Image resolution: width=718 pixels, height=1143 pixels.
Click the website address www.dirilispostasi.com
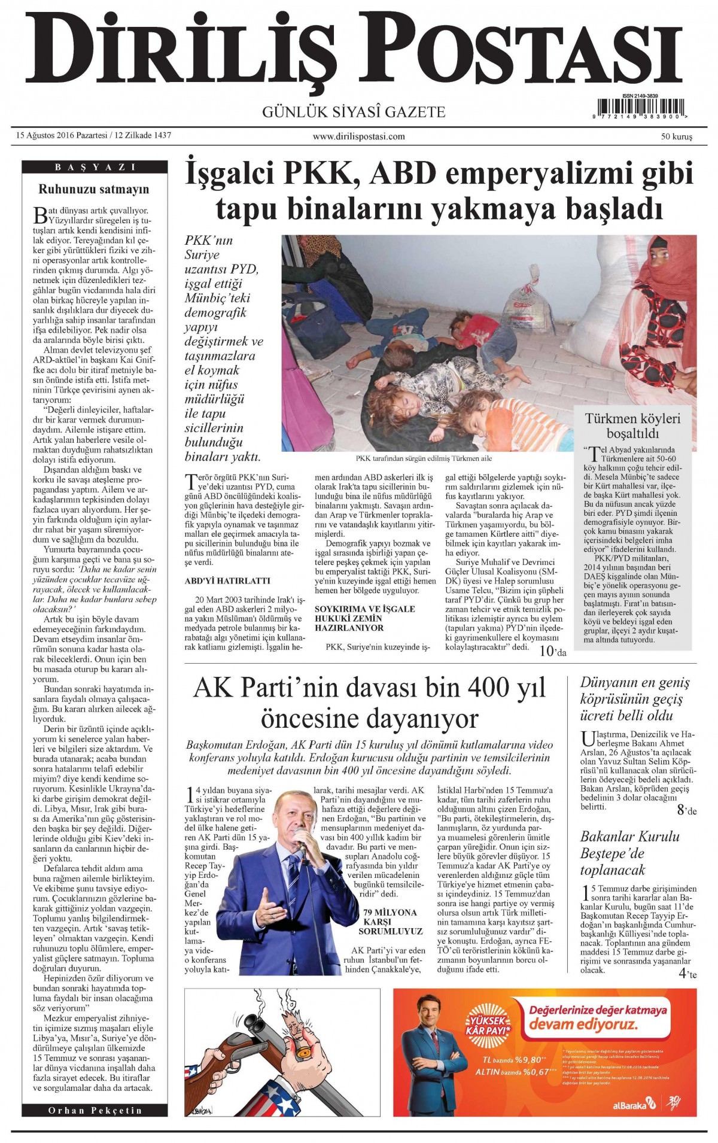[x=358, y=136]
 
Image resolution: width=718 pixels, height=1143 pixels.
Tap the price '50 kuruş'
[x=676, y=136]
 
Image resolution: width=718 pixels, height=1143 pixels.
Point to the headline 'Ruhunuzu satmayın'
[x=94, y=190]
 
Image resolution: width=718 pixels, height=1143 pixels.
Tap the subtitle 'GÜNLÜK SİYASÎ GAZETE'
[x=354, y=112]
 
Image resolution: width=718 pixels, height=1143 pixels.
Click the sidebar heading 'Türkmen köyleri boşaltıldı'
[x=632, y=425]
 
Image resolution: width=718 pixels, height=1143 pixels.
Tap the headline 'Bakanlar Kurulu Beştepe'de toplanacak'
[x=629, y=853]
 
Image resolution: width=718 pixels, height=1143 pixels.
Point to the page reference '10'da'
[x=552, y=652]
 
